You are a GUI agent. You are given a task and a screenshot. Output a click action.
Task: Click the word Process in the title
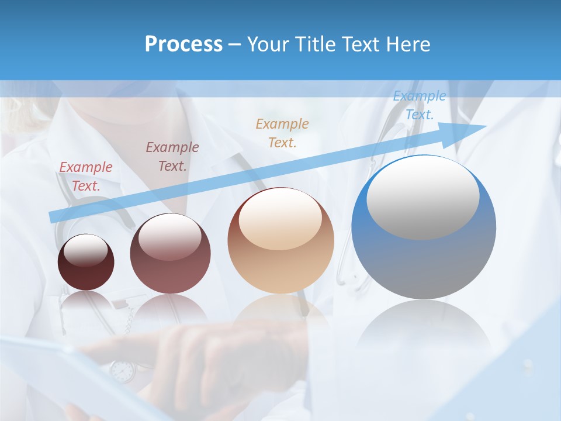point(183,44)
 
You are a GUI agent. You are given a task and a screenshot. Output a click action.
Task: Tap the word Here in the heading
point(408,44)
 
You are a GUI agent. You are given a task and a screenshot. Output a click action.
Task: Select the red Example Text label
point(86,177)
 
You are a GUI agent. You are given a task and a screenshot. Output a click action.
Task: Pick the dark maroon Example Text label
point(172,156)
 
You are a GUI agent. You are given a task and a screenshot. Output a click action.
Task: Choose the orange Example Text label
point(282,133)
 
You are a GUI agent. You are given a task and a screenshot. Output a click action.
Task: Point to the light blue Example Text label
point(419,105)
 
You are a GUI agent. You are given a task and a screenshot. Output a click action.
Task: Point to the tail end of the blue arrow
point(53,217)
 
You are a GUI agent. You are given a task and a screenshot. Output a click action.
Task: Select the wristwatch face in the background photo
point(122,371)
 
